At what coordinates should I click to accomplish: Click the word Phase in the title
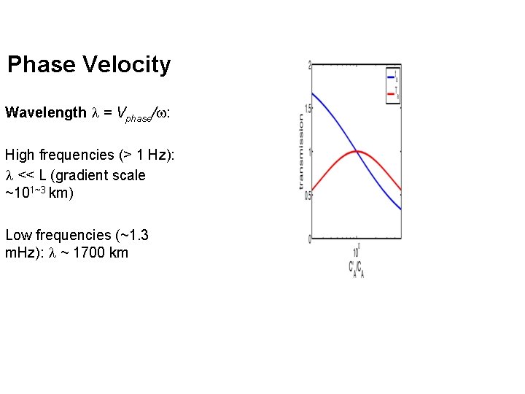click(x=42, y=64)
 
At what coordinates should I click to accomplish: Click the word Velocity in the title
click(x=127, y=64)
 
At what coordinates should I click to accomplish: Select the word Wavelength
click(x=45, y=112)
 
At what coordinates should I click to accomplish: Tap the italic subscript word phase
click(x=136, y=117)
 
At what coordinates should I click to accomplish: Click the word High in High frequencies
click(x=20, y=155)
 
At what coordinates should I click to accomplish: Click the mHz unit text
click(x=21, y=253)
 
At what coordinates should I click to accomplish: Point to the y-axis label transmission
click(x=300, y=152)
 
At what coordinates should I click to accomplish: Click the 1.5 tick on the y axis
click(x=308, y=109)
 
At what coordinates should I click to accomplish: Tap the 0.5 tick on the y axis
click(x=308, y=195)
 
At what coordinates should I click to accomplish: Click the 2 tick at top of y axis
click(x=310, y=66)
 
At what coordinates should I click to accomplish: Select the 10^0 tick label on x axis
click(x=357, y=250)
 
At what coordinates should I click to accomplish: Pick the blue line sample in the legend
click(x=391, y=75)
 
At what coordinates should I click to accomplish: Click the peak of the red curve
click(x=357, y=151)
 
